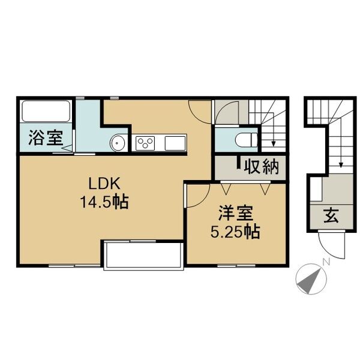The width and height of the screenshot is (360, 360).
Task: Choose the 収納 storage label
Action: [x=262, y=167]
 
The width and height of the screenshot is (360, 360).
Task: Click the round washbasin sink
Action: [x=118, y=143]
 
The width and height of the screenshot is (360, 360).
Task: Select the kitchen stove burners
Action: [x=146, y=143]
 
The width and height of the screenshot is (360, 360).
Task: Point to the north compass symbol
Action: [x=310, y=278]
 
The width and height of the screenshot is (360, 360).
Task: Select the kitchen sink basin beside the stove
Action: [x=176, y=143]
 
